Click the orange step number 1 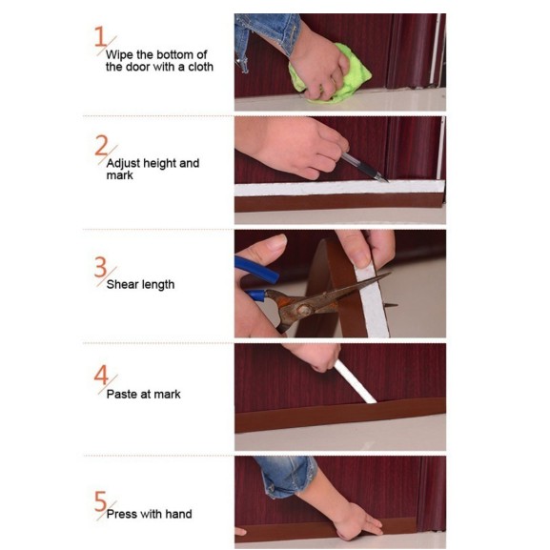100,36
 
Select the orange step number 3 100,267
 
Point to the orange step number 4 101,375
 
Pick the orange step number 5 100,500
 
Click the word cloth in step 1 200,67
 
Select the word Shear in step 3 122,284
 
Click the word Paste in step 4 122,394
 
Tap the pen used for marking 365,167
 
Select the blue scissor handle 256,275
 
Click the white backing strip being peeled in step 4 355,381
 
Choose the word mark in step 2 119,175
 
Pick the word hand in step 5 178,514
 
